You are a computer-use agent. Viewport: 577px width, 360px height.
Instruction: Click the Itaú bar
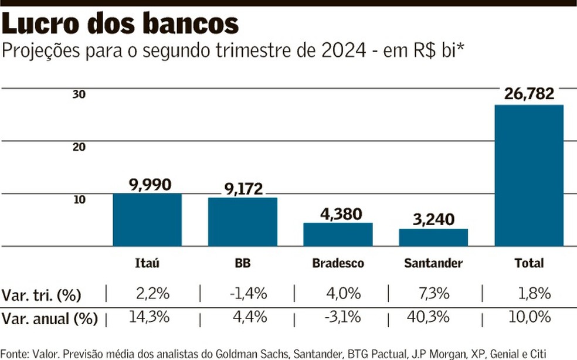tap(147, 220)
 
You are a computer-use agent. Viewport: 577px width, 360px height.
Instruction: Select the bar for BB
tap(243, 222)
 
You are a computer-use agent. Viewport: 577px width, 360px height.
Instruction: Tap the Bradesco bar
tap(338, 235)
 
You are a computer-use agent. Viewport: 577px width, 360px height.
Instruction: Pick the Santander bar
tap(433, 237)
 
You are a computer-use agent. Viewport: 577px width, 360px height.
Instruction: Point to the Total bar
tap(529, 176)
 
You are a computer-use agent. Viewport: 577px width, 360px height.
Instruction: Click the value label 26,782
tap(529, 94)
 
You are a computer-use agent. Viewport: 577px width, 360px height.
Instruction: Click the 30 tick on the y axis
tap(79, 94)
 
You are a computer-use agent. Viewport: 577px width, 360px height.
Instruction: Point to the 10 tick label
tap(79, 199)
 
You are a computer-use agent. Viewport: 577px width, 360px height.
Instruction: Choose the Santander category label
tap(433, 263)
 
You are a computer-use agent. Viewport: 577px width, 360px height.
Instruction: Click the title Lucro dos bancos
tap(121, 23)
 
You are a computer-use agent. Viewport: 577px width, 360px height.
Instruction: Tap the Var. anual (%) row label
tap(49, 319)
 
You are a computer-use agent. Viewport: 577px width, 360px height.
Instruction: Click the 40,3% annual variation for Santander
tap(428, 317)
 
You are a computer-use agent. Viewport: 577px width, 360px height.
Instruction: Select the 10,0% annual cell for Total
tap(531, 317)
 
